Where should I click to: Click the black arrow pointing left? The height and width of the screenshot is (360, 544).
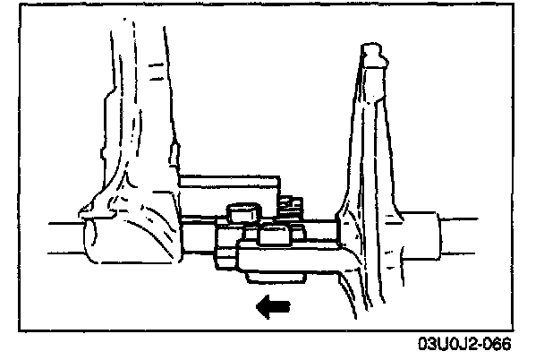(273, 306)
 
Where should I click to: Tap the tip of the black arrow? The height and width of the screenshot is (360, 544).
(258, 306)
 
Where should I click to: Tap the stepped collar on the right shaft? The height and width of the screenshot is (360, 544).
(424, 235)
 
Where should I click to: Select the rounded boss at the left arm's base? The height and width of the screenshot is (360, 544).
(125, 235)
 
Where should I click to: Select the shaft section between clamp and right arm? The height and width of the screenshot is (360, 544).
(320, 231)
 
